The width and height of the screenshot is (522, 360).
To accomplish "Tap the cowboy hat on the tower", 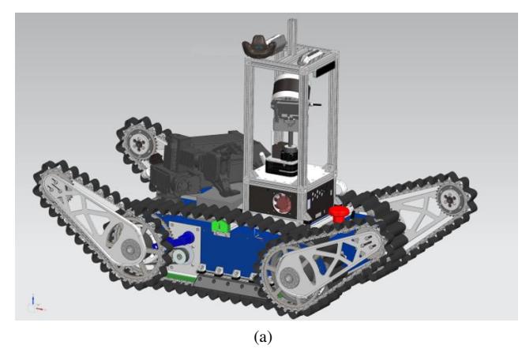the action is (x=261, y=47).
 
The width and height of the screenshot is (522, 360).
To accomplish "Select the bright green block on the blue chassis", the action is (x=220, y=227).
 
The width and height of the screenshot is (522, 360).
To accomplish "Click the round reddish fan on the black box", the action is (x=282, y=203).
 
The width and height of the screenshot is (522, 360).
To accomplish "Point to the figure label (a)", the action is (x=263, y=337).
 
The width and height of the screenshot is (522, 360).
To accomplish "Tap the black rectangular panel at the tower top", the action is (x=325, y=69).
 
